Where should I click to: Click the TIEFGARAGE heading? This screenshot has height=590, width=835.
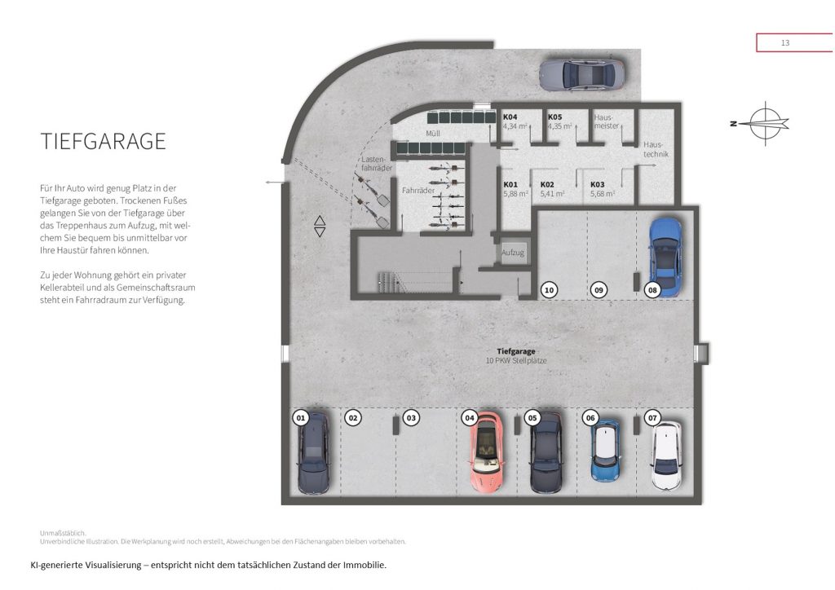(104, 142)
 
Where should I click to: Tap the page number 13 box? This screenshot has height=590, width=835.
(794, 42)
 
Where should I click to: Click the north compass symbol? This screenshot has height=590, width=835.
(762, 123)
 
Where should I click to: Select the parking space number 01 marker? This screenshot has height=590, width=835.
(301, 417)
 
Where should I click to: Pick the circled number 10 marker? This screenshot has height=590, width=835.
(549, 290)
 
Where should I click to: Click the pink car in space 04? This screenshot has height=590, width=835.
(486, 451)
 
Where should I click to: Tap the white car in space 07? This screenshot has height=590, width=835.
(667, 456)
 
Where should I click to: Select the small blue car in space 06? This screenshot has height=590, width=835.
(606, 451)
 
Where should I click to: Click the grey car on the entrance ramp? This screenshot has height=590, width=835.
(581, 74)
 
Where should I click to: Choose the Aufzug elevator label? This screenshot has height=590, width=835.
(513, 253)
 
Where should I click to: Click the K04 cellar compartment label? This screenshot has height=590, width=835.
(510, 117)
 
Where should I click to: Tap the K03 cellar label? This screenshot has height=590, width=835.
(598, 185)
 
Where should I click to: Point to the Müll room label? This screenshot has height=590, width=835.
(433, 134)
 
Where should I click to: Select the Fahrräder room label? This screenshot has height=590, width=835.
(418, 191)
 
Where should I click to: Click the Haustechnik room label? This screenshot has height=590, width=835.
(656, 149)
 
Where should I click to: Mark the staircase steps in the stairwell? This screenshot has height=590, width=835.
(392, 283)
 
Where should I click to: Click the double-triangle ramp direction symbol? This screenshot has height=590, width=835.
(320, 226)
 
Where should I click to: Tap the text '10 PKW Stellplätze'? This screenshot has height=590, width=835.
(516, 361)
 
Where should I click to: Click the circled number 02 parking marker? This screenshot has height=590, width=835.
(353, 417)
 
